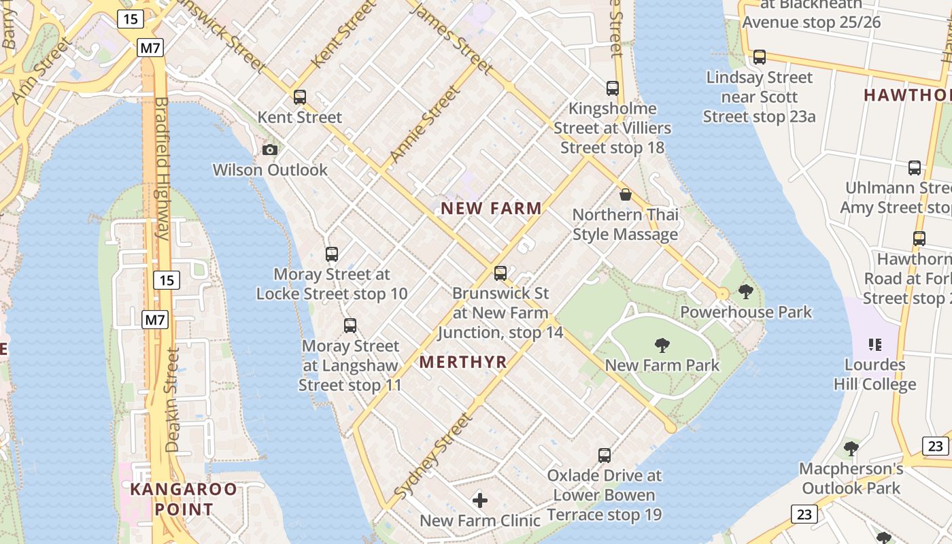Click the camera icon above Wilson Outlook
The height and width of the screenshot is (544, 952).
pos(270,150)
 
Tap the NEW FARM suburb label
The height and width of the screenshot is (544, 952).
pos(491,209)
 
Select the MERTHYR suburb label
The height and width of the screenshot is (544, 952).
pos(463,362)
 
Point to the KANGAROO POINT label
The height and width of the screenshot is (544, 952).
pos(184,499)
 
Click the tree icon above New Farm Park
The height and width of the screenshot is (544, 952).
pos(662,345)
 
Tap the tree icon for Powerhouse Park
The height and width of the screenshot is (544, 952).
pos(746,292)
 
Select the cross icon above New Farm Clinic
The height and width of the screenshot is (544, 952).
pos(480,501)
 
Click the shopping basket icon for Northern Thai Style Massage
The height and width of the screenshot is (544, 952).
pos(626,194)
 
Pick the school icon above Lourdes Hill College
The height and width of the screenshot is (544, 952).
pos(875,345)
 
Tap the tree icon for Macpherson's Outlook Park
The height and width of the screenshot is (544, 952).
pos(851,448)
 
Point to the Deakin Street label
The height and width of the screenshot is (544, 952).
pos(173,401)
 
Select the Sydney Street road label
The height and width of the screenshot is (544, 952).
pos(432,455)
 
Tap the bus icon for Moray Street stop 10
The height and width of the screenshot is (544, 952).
pos(332,254)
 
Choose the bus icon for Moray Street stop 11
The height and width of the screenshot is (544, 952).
pos(350,325)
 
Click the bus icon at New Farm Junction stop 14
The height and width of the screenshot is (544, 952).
pos(500,273)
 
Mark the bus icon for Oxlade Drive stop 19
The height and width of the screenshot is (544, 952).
pos(605,455)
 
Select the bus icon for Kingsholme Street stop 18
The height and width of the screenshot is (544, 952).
pos(613,88)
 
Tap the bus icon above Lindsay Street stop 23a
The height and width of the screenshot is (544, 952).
pos(760,57)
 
